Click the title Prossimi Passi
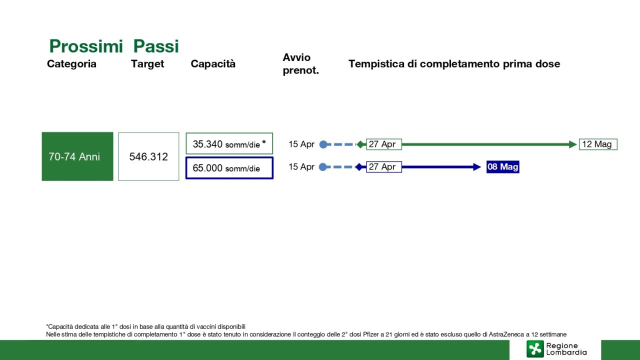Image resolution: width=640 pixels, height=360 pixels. coord(114,46)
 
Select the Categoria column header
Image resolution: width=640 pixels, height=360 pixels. coord(71,63)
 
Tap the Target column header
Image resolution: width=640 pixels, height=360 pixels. coord(147,63)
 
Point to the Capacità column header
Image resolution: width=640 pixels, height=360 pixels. coord(213,63)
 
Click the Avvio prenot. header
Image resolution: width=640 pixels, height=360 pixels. coord(300,63)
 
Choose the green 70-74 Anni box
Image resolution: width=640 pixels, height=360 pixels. coord(77,156)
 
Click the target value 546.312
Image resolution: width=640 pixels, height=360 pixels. coord(148,156)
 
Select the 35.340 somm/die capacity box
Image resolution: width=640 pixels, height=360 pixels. coord(229,143)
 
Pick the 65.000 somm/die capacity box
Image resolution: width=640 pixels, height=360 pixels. coord(229,168)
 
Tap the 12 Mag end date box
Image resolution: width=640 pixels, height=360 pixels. coord(598,144)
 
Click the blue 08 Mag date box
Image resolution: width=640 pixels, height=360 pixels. coord(503,167)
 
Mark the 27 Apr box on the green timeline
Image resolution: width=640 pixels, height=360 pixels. coord(383,144)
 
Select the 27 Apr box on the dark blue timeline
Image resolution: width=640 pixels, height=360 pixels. coord(383,167)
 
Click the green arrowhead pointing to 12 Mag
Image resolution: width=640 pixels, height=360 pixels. coord(572,144)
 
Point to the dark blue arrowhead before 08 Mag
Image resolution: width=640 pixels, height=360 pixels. coord(477,167)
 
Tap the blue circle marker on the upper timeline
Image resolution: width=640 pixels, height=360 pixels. coord(323,144)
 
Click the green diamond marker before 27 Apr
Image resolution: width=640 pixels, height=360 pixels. coord(361,144)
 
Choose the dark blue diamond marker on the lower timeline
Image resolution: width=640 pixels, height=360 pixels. coord(359,167)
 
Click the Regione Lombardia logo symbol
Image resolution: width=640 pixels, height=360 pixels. coord(535,349)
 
